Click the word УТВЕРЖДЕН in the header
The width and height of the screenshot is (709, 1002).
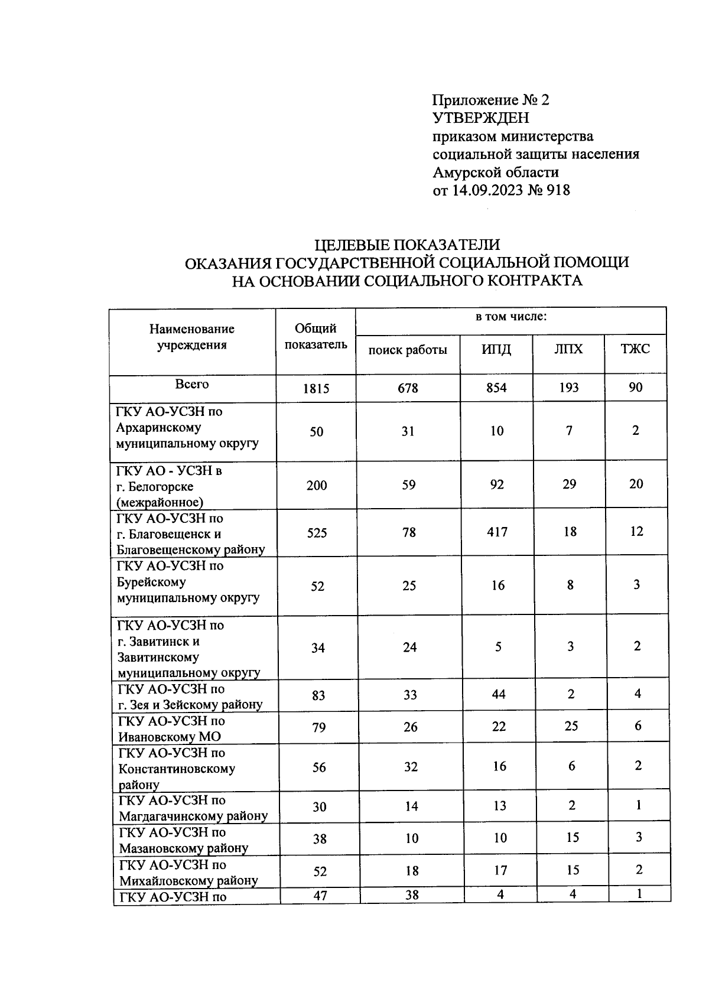pos(481,118)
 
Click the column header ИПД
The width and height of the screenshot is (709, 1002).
pos(496,349)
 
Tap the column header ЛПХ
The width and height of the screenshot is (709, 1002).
pos(568,349)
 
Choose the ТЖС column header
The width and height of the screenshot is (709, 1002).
pos(635,349)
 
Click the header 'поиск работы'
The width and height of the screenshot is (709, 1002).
pos(408,350)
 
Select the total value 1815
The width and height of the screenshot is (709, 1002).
pos(316,389)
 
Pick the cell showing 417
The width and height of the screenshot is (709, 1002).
pos(497,532)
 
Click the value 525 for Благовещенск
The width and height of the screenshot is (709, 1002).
pos(317,533)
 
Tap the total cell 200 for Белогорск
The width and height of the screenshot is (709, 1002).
pos(317,486)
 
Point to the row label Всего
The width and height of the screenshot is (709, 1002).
pos(192,384)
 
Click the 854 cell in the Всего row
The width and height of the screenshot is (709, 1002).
pos(496,388)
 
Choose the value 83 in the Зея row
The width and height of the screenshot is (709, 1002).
pos(318,695)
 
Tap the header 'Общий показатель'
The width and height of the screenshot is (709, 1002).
pos(316,337)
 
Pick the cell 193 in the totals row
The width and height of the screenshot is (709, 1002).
pos(569,388)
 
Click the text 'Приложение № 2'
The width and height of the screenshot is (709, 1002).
pos(491,100)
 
